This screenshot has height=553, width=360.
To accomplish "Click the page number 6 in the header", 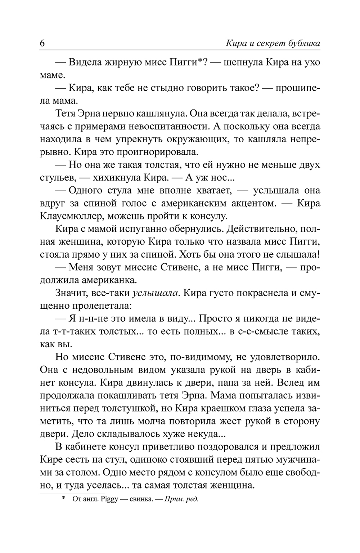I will click(x=42, y=44).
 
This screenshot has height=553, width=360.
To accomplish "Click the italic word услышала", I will click(x=156, y=293).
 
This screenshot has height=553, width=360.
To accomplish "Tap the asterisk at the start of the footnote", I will click(x=64, y=499).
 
